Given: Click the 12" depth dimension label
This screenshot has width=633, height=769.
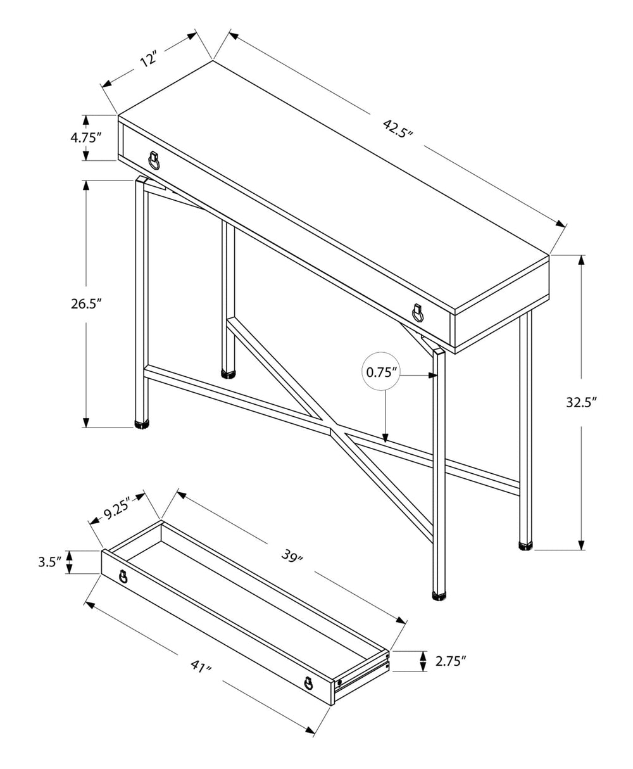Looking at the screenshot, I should coord(147,61).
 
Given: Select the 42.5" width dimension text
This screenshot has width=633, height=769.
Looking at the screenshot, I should coord(398,127).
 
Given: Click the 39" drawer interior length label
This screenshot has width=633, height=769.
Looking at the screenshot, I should coord(292,557).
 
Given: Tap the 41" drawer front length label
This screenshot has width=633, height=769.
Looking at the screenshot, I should coord(201,666).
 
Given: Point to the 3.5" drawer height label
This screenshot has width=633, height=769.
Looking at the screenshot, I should coord(49,562).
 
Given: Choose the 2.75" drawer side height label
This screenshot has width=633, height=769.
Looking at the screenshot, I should coord(451,662).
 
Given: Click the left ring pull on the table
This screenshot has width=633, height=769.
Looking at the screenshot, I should coord(154,161).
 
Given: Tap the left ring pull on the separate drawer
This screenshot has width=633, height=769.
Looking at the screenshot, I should coord(123,577).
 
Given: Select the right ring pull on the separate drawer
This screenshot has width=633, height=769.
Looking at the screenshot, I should coord(308,683).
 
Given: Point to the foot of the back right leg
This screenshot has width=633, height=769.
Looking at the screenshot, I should coord(525,544).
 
